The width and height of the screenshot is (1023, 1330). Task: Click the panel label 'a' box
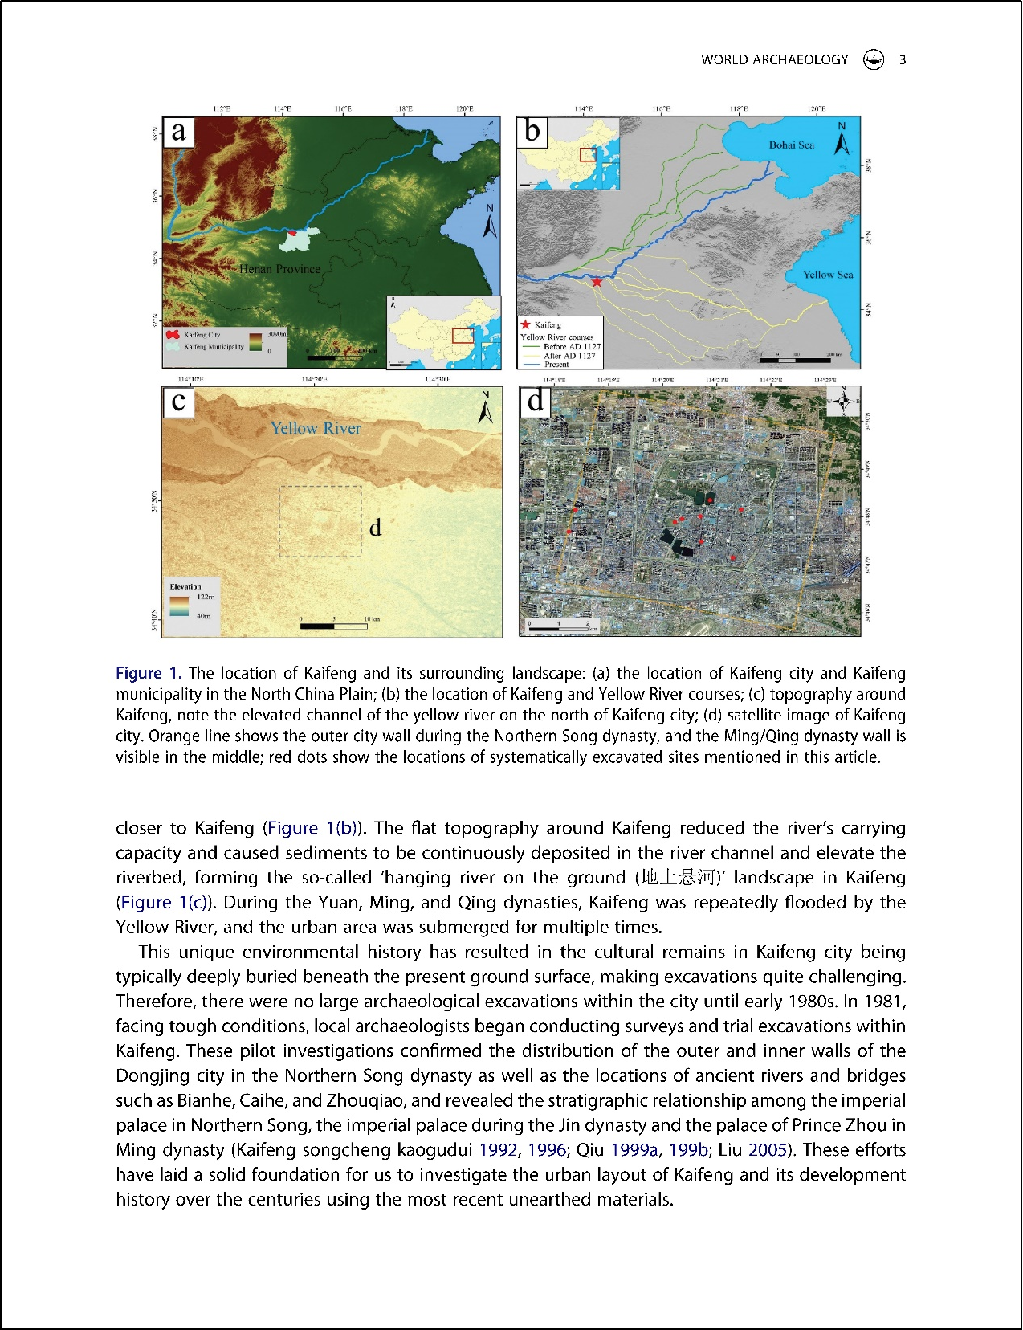coord(179,131)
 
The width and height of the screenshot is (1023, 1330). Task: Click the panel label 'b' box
coord(532,131)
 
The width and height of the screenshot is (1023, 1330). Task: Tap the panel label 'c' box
coord(179,401)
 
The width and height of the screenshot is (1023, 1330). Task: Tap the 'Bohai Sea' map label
coord(791,145)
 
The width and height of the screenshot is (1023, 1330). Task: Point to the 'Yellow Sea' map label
coord(828,275)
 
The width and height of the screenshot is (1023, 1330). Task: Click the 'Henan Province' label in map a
coord(279,269)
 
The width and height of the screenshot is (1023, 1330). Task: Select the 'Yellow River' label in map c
coord(316,428)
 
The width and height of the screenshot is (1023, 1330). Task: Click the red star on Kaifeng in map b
coord(597,281)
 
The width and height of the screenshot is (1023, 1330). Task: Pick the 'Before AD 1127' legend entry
coord(571,346)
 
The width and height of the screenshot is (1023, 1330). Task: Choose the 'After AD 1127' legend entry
coord(569,355)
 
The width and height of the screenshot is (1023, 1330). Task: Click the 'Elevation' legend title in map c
coord(185,586)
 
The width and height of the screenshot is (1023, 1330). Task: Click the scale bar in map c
coord(333,626)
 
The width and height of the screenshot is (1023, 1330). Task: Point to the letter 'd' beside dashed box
coord(375,528)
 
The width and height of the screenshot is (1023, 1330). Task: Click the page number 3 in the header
coord(903,59)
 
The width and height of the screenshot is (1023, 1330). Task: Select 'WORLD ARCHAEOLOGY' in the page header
coord(774,59)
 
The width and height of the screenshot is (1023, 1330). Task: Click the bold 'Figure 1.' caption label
coord(149,673)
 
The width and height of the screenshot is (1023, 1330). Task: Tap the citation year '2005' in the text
coord(767,1149)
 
